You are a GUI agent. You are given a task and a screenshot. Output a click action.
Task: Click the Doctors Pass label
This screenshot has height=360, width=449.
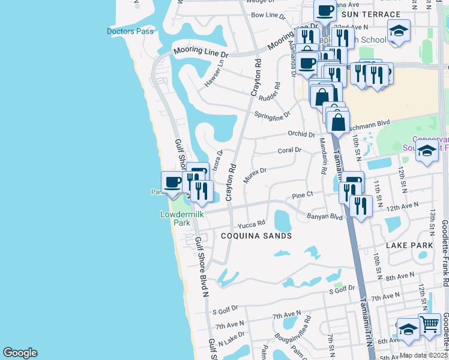[x=131, y=31]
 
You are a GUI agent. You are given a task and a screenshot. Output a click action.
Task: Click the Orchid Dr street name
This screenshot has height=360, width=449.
[x=301, y=134]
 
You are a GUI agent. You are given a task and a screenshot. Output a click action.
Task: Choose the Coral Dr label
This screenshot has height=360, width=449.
[x=289, y=151]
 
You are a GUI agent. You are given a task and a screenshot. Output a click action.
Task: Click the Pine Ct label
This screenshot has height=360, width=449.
[x=303, y=194]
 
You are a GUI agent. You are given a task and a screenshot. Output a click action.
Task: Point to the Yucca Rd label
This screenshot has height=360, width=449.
[x=251, y=225]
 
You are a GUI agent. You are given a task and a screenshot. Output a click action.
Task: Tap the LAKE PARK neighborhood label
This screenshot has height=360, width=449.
[x=409, y=245]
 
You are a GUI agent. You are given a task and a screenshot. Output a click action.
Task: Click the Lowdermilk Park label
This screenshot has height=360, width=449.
[x=173, y=218]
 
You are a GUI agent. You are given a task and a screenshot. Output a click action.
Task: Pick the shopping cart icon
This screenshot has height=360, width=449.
[x=430, y=325]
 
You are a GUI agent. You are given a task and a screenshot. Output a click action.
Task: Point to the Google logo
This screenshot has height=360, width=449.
[x=20, y=353]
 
